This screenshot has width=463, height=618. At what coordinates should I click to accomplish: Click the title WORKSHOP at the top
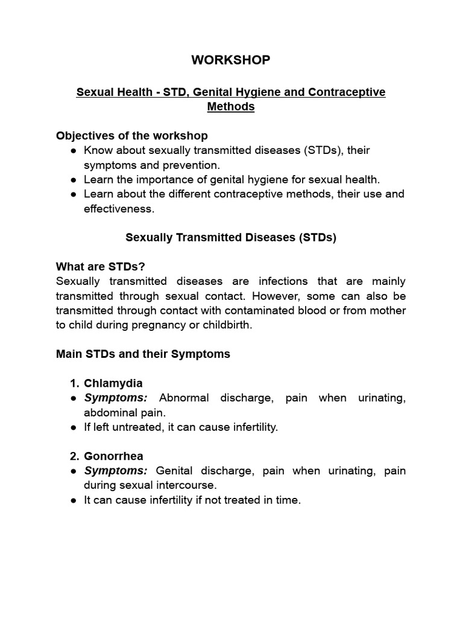pos(231,60)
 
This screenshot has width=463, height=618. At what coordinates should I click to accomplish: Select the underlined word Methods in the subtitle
pos(231,107)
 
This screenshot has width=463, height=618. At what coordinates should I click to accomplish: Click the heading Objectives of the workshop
pos(132,135)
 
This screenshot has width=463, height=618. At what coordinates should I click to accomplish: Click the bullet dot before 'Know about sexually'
pos(74,150)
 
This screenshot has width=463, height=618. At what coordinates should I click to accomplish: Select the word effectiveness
pos(118,209)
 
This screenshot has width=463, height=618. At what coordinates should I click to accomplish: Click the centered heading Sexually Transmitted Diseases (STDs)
pos(231,237)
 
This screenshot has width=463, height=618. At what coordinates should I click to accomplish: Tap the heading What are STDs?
pos(101,267)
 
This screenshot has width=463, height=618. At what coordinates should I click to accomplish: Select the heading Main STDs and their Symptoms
pos(143,354)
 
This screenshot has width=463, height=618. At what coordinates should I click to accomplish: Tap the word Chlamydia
pos(113,383)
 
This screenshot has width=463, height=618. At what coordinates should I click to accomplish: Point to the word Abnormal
pos(183,398)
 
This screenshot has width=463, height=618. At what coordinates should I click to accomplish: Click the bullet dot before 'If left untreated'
pos(74,427)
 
